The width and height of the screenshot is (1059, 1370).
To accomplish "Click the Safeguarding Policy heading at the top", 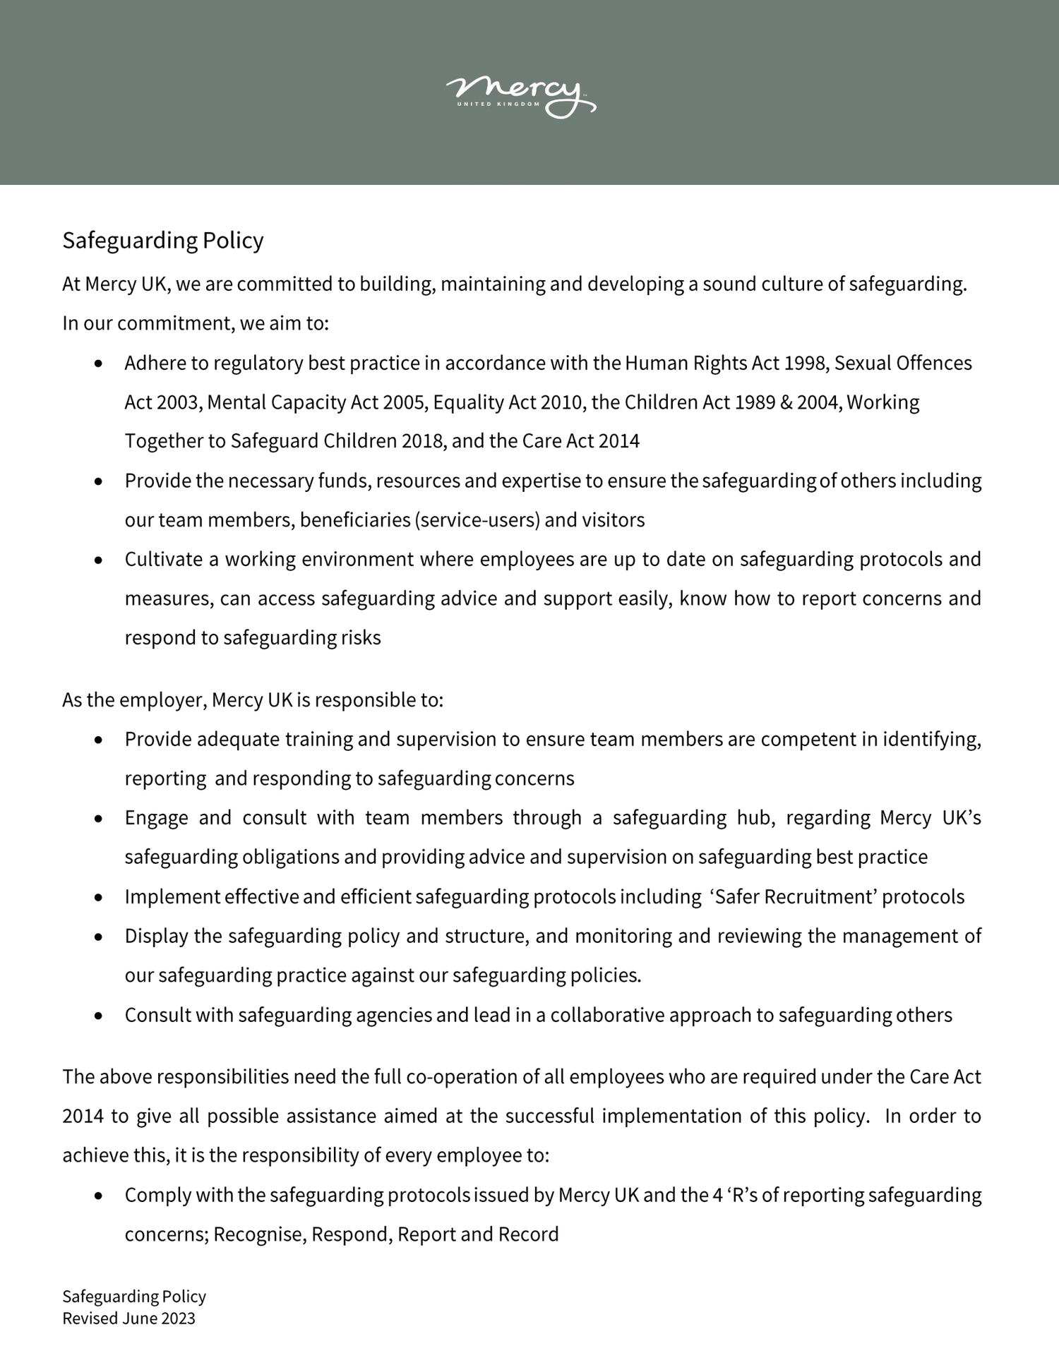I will pyautogui.click(x=162, y=240).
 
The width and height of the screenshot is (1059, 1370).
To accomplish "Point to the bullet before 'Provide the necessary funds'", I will pyautogui.click(x=99, y=481).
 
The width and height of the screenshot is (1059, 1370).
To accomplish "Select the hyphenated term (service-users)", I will pyautogui.click(x=477, y=520).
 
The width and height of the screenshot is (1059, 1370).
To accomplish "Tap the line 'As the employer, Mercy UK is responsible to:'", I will pyautogui.click(x=252, y=699).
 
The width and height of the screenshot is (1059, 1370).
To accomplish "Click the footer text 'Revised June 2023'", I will pyautogui.click(x=128, y=1318).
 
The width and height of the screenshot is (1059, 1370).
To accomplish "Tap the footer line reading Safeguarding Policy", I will pyautogui.click(x=134, y=1297).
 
